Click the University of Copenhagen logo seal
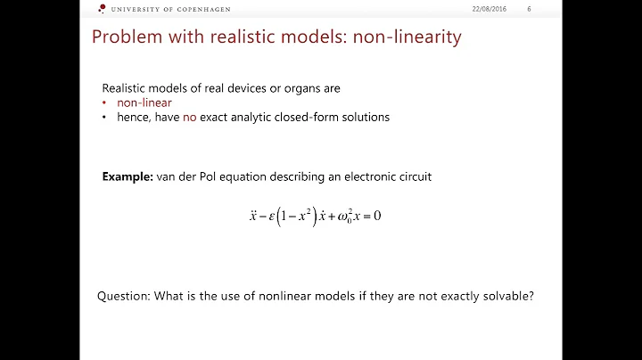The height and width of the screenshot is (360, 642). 102,9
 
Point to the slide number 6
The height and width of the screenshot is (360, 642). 529,9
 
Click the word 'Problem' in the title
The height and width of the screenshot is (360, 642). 124,38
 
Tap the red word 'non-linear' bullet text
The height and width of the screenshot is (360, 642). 144,102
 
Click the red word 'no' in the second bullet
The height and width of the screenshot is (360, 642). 189,117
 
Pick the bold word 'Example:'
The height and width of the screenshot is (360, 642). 128,176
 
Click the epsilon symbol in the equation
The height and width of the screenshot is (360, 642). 268,216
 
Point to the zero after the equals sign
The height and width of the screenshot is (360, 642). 378,216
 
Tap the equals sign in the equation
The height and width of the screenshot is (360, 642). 364,216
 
